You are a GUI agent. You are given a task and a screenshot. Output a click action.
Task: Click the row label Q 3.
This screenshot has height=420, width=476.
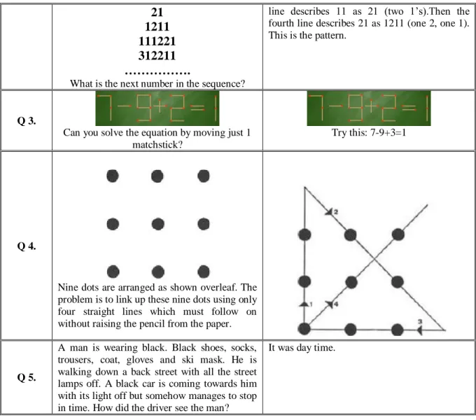pos(27,121)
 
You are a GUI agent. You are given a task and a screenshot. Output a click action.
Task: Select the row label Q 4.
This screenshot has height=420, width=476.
pos(27,246)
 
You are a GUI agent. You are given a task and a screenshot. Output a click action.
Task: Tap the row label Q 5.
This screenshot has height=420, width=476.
pos(27,377)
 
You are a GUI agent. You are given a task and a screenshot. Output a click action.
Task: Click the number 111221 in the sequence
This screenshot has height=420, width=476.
pos(157,41)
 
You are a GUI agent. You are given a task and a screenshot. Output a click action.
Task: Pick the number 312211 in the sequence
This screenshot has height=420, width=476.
pos(157,55)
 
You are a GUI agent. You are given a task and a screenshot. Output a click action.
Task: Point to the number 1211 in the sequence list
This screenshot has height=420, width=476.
pos(157,27)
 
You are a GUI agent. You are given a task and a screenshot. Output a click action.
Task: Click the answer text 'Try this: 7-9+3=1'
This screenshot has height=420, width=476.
pos(368,132)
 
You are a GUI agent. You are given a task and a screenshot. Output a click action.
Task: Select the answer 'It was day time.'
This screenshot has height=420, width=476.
pos(302,347)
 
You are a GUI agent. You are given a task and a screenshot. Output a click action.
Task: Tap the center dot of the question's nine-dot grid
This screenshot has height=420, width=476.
pos(158,224)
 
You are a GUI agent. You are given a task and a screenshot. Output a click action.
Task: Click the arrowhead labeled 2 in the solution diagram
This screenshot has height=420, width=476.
pos(330,211)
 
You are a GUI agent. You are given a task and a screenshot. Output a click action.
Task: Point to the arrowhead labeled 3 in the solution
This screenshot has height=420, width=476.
pos(419,330)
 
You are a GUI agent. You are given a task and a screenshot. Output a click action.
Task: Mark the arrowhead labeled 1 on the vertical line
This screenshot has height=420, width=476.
pos(304,304)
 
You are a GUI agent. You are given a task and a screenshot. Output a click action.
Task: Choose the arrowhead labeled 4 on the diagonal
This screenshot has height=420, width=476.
pos(330,304)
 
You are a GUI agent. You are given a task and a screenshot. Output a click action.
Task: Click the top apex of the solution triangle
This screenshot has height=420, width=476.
pos(304,187)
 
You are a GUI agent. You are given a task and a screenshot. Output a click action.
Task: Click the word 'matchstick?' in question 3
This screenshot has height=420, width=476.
pos(157,145)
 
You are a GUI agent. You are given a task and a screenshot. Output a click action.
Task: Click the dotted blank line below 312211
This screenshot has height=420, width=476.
pos(157,73)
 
